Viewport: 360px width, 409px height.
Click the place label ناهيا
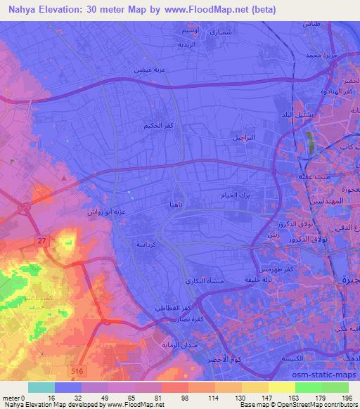tap(176, 204)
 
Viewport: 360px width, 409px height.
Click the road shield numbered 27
tap(42, 241)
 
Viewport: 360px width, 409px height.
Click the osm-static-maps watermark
tap(319, 374)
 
